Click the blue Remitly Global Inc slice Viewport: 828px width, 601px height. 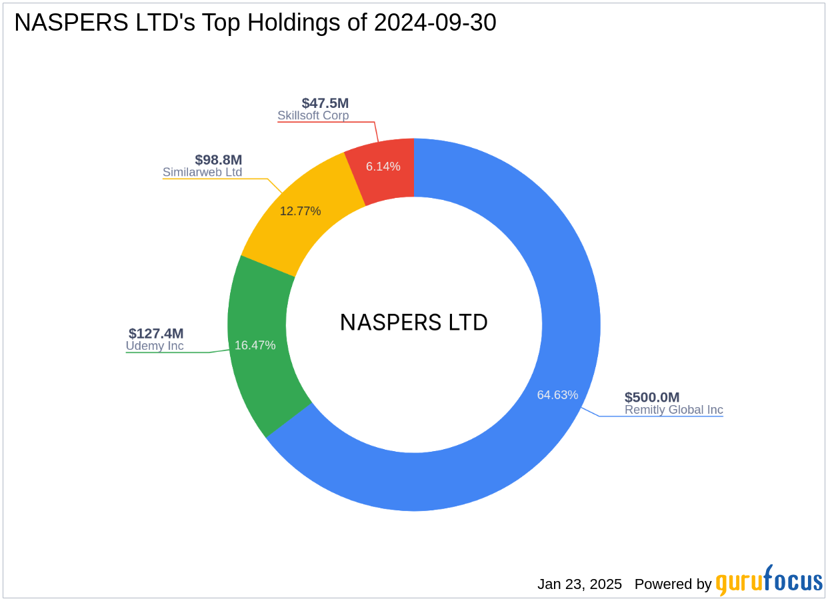click(507, 466)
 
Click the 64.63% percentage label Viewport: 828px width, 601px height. click(557, 394)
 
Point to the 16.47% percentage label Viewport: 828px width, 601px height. click(255, 345)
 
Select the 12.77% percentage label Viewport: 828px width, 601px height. click(300, 211)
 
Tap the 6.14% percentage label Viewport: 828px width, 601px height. click(383, 167)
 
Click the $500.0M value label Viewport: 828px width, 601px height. click(652, 397)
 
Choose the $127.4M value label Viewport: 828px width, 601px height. click(156, 333)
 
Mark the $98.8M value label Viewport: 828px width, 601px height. click(219, 160)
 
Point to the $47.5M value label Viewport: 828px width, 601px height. click(325, 103)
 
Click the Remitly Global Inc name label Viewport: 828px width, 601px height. click(673, 410)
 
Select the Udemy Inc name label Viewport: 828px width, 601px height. click(155, 346)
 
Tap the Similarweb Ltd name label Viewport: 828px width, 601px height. click(203, 172)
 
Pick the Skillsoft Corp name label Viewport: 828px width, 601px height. click(313, 115)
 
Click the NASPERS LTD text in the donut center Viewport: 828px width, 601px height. click(414, 322)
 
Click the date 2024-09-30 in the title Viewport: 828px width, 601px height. click(435, 23)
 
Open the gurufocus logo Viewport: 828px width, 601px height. click(769, 581)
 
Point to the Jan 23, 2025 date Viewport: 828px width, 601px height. click(579, 584)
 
